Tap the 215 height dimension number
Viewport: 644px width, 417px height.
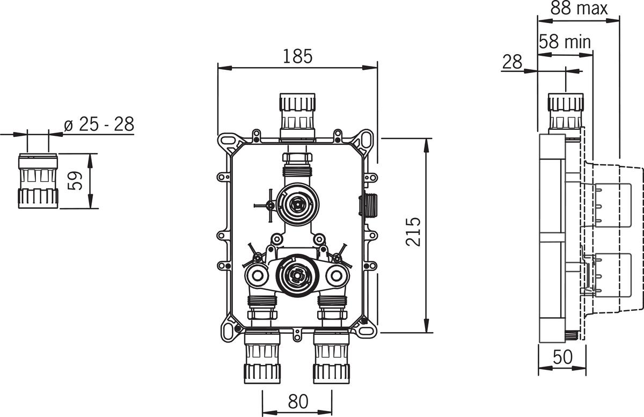pyautogui.click(x=413, y=232)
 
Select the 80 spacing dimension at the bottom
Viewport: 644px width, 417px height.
pyautogui.click(x=298, y=401)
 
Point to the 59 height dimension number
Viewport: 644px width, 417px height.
pyautogui.click(x=75, y=181)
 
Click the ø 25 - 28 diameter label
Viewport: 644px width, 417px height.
pyautogui.click(x=99, y=124)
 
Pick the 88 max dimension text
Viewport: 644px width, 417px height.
pyautogui.click(x=579, y=8)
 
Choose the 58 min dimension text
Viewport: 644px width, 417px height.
pyautogui.click(x=565, y=42)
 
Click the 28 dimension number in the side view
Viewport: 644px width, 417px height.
pyautogui.click(x=512, y=62)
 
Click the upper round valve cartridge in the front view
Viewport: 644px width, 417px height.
pyautogui.click(x=297, y=204)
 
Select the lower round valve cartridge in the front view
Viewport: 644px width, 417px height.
pyautogui.click(x=297, y=275)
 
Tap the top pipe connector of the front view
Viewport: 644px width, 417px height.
pyautogui.click(x=297, y=118)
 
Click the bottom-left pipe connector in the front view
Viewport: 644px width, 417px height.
pyautogui.click(x=262, y=357)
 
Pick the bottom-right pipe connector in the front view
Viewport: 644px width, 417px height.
pyautogui.click(x=332, y=357)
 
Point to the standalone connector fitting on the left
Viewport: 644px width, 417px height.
pyautogui.click(x=38, y=181)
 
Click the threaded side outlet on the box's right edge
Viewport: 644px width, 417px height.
pyautogui.click(x=368, y=206)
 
